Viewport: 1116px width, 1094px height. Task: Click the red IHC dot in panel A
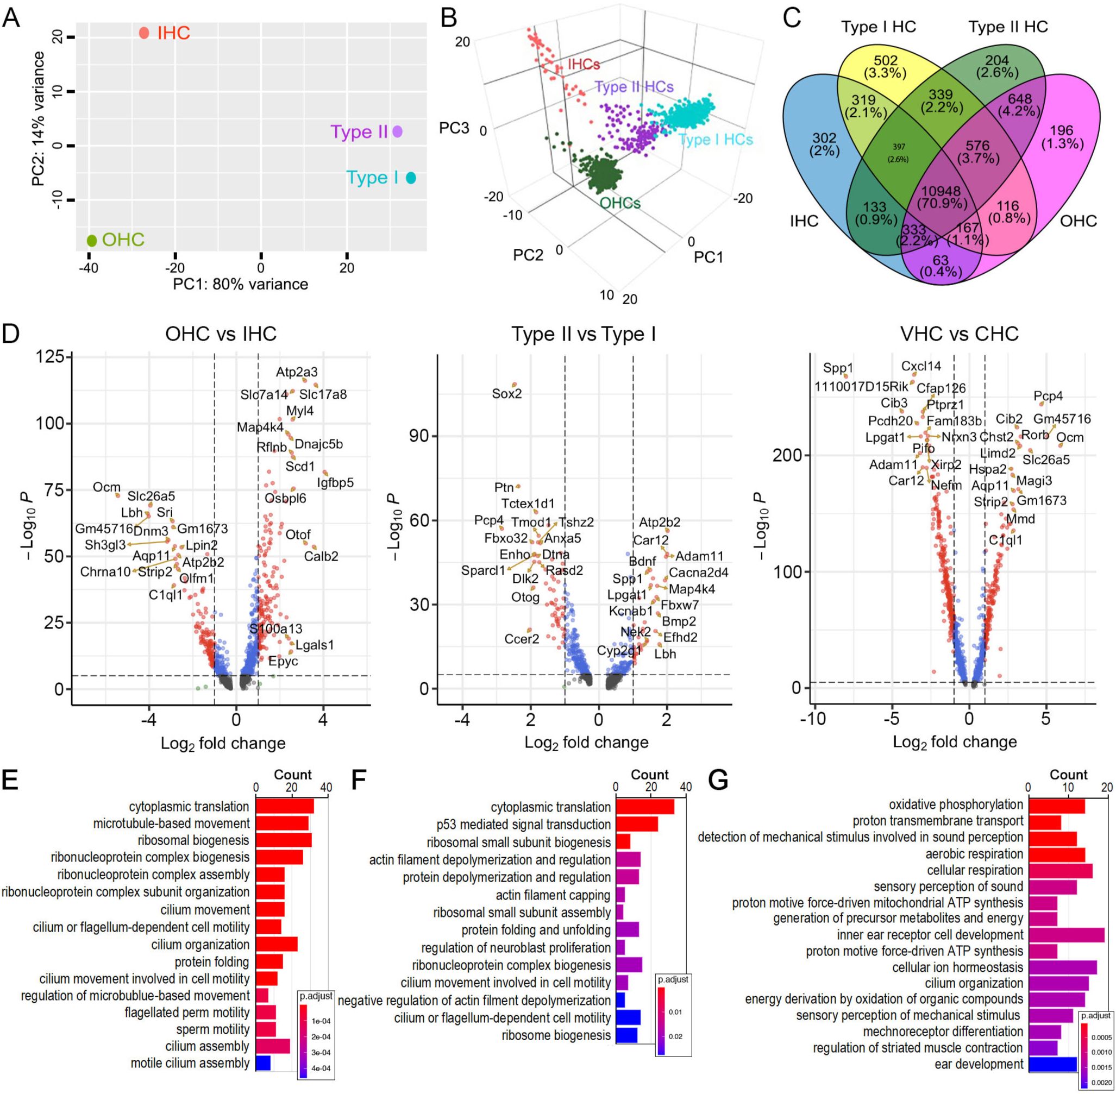(x=144, y=33)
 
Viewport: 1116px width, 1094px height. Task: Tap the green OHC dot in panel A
(x=92, y=240)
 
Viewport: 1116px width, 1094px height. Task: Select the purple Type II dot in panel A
(x=397, y=131)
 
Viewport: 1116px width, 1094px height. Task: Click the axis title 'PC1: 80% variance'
(x=240, y=284)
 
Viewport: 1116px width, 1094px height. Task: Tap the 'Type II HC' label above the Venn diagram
(x=1008, y=27)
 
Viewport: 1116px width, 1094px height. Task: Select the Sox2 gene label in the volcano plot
(x=507, y=394)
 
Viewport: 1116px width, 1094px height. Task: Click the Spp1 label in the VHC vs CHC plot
(x=838, y=368)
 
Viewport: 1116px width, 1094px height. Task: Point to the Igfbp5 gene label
(x=335, y=483)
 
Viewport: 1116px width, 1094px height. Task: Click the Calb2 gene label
(x=321, y=556)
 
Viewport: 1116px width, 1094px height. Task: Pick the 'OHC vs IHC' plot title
(x=221, y=334)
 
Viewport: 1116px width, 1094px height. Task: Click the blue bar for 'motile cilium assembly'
(x=262, y=1063)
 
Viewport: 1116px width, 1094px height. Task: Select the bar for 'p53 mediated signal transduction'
(x=637, y=825)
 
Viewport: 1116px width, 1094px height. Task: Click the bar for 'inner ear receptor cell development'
(x=1066, y=935)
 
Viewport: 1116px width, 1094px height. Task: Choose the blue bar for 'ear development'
(x=1052, y=1064)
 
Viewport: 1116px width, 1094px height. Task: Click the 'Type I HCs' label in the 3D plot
(x=716, y=140)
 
